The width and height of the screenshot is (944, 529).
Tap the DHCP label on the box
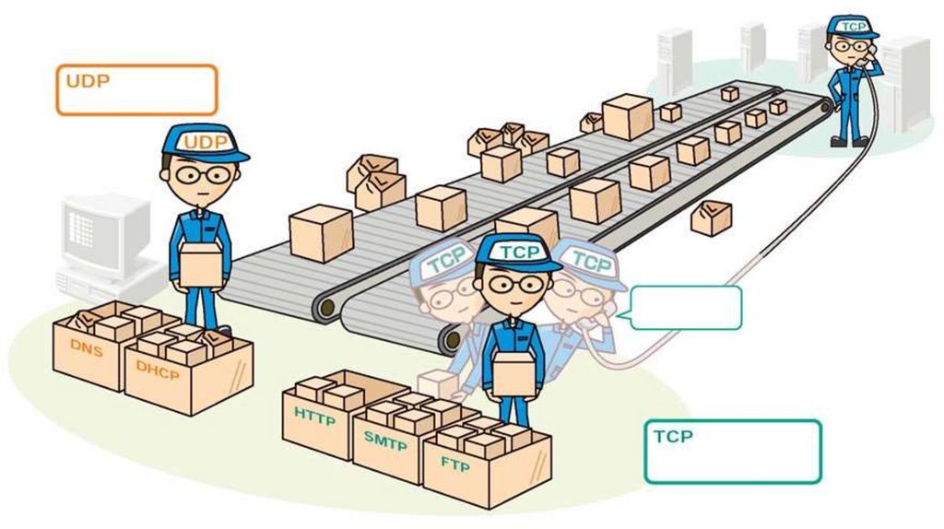[x=156, y=366]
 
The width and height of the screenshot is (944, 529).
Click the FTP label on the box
[x=454, y=464]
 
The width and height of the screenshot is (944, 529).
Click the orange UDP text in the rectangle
[x=88, y=81]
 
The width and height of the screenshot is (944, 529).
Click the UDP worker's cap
[x=205, y=142]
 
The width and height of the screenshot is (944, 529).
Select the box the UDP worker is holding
[x=201, y=264]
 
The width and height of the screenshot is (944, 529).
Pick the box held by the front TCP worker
[x=513, y=373]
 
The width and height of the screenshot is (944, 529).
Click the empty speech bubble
[x=687, y=307]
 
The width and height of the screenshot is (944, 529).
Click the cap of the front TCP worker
[x=516, y=252]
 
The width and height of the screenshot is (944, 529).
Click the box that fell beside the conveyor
[x=711, y=217]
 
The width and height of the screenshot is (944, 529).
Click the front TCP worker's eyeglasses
[x=514, y=284]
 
